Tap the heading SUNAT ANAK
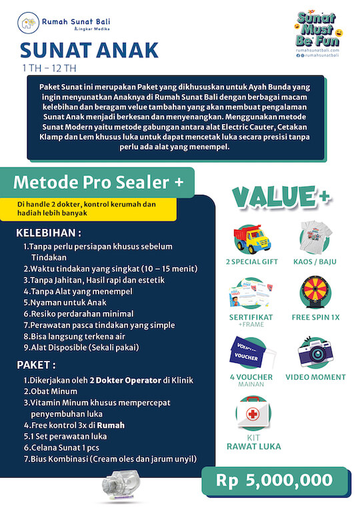point(89,50)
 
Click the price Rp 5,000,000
point(274,480)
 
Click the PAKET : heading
point(37,366)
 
